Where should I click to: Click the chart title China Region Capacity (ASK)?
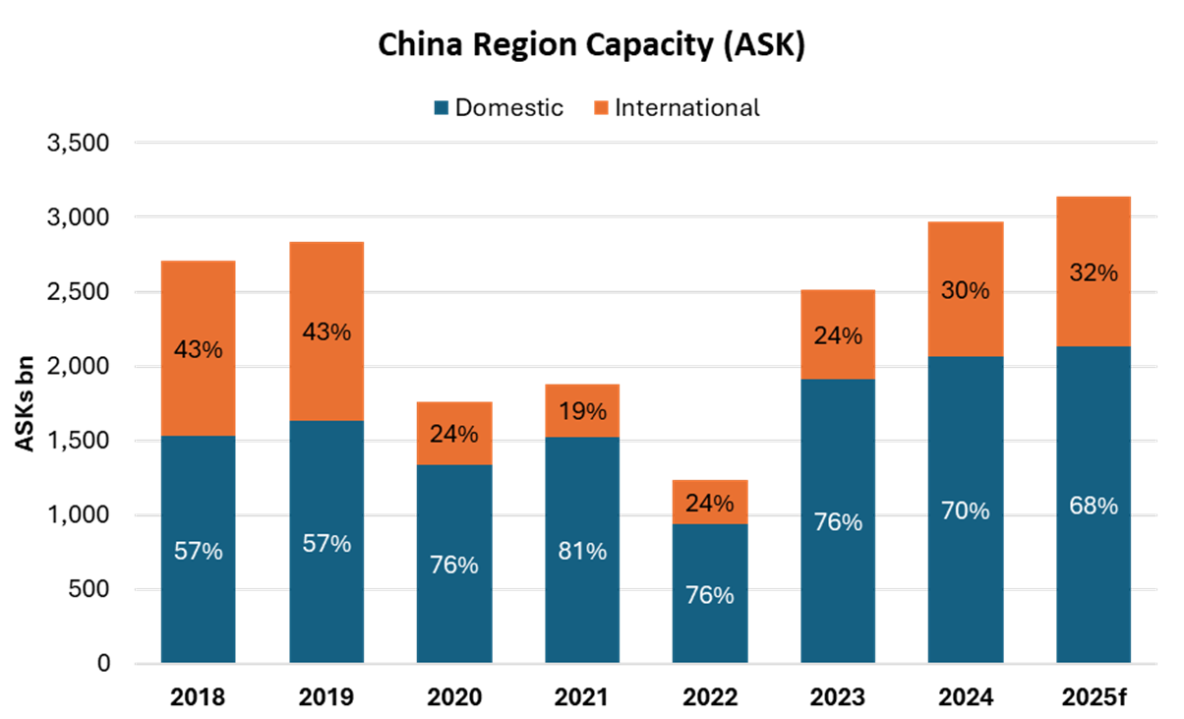tap(592, 46)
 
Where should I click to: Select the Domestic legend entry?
tap(499, 108)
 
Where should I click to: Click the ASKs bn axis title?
tap(27, 403)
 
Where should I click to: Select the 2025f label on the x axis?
tap(1093, 698)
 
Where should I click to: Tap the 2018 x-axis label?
tap(198, 698)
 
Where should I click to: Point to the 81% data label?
tap(582, 551)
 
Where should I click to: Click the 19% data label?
tap(582, 411)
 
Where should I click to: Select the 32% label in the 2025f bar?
tap(1094, 273)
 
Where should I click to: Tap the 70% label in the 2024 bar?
tap(966, 511)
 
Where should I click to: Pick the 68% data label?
tap(1094, 506)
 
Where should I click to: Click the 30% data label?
tap(966, 291)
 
